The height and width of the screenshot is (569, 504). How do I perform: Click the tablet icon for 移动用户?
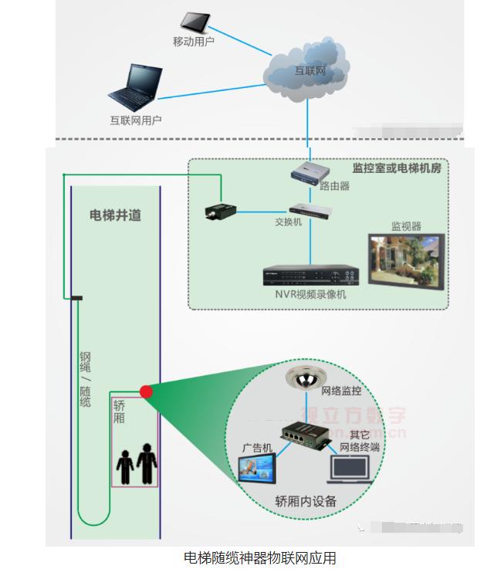(193, 21)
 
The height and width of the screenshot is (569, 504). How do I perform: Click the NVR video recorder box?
(311, 276)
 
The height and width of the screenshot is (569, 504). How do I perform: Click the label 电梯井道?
(115, 215)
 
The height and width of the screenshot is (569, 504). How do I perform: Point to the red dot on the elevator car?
(145, 391)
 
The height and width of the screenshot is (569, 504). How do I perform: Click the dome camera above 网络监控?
(302, 378)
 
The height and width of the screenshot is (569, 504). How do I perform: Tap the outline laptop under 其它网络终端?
(350, 471)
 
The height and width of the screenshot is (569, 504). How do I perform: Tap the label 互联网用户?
(136, 120)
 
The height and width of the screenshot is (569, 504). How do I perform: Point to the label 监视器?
(406, 226)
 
